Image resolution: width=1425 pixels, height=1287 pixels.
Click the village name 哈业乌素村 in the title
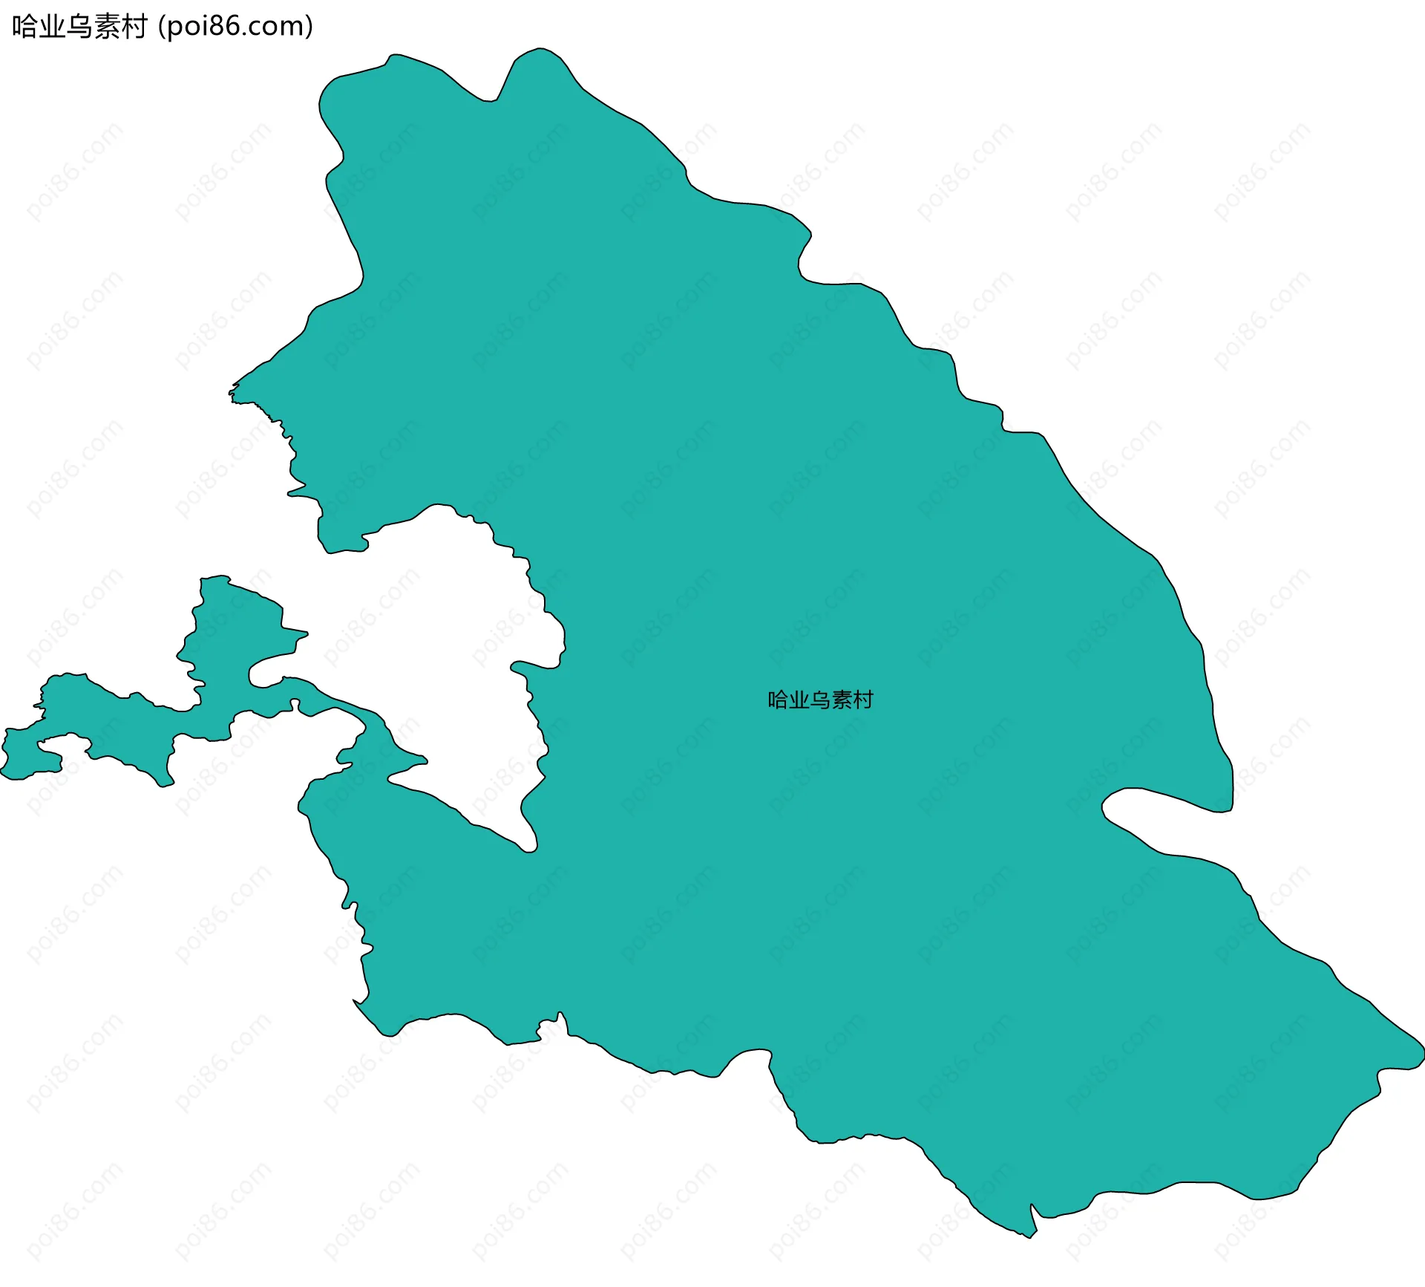click(x=79, y=27)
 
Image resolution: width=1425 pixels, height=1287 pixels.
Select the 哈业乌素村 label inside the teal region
click(x=820, y=700)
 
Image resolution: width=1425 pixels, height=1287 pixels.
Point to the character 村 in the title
click(x=134, y=27)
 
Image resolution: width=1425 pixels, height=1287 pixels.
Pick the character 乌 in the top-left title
click(x=79, y=27)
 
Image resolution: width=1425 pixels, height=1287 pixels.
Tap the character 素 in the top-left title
click(x=107, y=27)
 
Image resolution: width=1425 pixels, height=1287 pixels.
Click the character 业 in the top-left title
click(x=52, y=27)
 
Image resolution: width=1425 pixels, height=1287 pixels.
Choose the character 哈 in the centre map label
click(x=778, y=700)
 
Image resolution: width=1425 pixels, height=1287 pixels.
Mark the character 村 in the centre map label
click(x=863, y=700)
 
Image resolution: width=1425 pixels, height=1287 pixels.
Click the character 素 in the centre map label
click(x=842, y=700)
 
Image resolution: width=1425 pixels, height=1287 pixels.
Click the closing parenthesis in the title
click(x=309, y=27)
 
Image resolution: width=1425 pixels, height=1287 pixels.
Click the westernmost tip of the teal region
click(x=2, y=773)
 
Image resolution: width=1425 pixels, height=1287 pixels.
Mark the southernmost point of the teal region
click(x=1029, y=1237)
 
